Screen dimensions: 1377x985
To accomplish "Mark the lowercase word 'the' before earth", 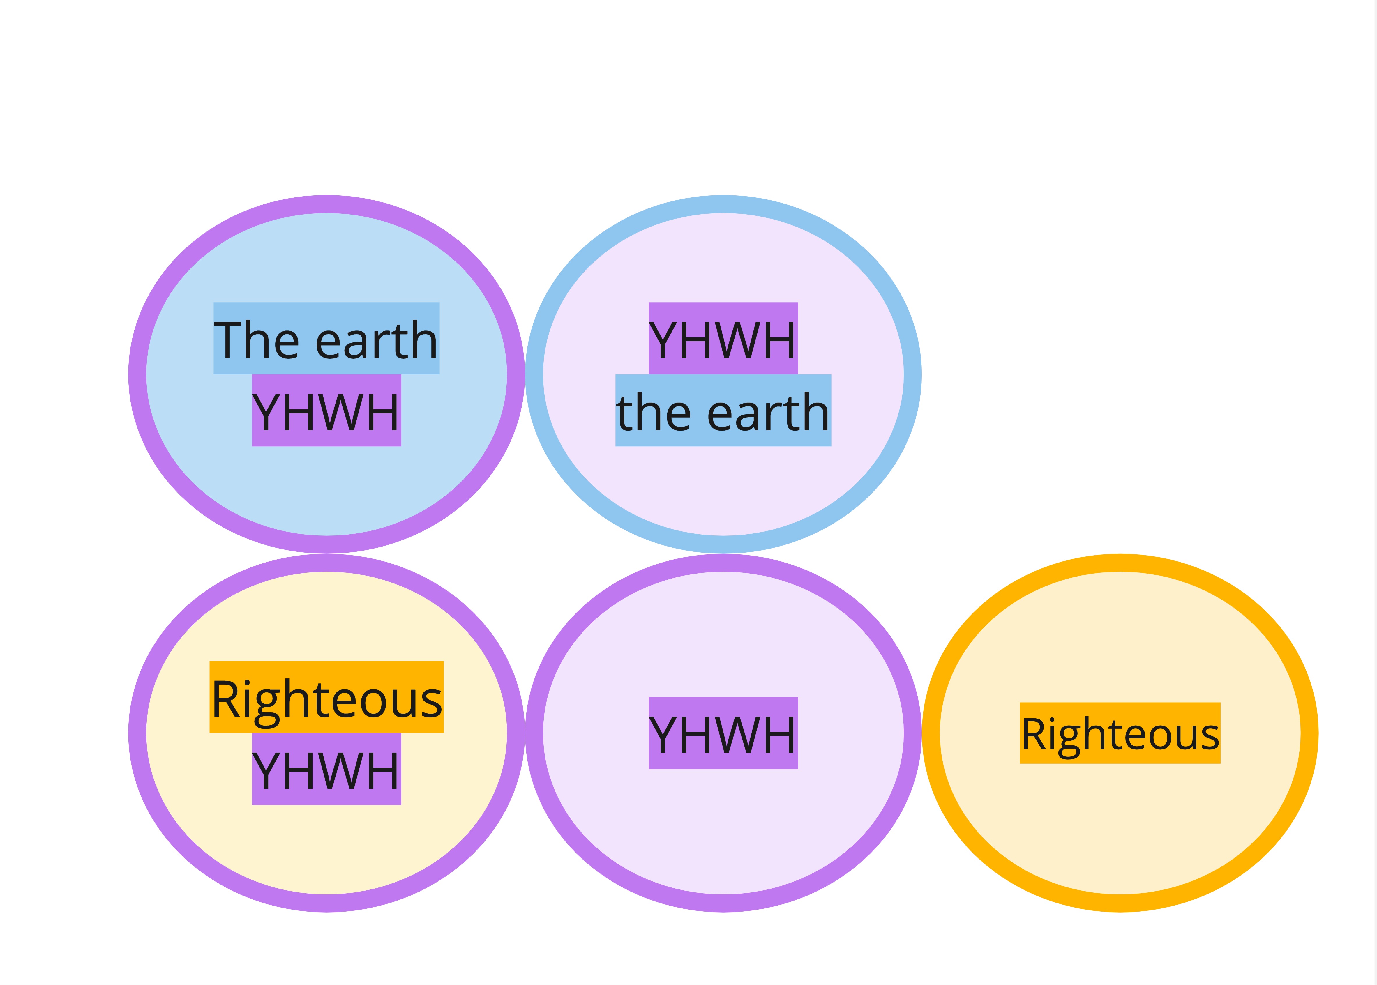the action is pos(653,412).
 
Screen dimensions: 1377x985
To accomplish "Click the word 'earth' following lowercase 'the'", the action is pos(768,412).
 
